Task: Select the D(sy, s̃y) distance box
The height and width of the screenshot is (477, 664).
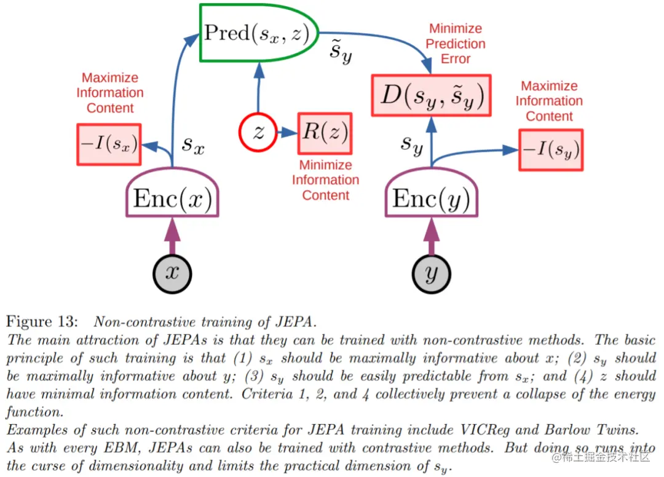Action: click(x=431, y=95)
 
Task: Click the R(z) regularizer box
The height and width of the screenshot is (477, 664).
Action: click(x=324, y=133)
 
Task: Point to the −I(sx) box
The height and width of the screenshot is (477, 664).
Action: click(x=108, y=144)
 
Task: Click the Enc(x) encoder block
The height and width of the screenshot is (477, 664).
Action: click(x=172, y=199)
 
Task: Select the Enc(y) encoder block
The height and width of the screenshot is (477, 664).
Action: click(x=431, y=199)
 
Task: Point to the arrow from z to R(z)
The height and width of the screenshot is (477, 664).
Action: click(x=287, y=133)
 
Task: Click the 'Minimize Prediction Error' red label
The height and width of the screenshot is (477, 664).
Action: click(x=456, y=44)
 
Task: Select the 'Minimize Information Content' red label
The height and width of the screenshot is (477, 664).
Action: click(x=325, y=180)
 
